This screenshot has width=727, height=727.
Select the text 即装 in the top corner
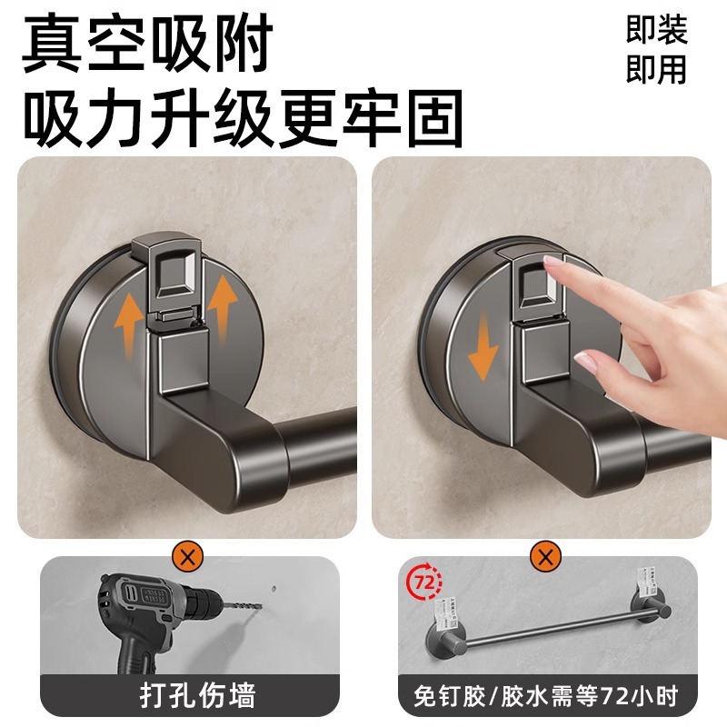656,32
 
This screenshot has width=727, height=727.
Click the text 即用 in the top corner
656,70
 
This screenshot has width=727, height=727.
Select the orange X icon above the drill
191,556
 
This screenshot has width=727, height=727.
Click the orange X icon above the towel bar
545,556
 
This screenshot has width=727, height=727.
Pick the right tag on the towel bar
646,582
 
